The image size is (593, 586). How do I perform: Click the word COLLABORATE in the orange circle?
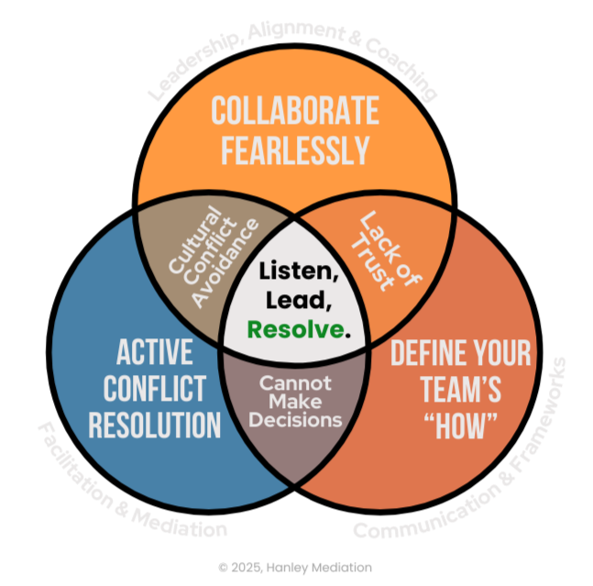click(295, 112)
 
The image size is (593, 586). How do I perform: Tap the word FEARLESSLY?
click(295, 149)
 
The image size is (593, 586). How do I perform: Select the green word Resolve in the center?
click(294, 327)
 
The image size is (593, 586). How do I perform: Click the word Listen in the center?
click(295, 272)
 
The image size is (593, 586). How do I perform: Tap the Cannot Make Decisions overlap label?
click(295, 401)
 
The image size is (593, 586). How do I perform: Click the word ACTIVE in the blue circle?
click(155, 351)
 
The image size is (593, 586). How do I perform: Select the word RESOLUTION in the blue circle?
click(155, 425)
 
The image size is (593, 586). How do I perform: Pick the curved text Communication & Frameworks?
click(467, 459)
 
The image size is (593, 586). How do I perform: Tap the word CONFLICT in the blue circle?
click(155, 388)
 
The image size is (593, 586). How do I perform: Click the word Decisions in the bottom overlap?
click(295, 420)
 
